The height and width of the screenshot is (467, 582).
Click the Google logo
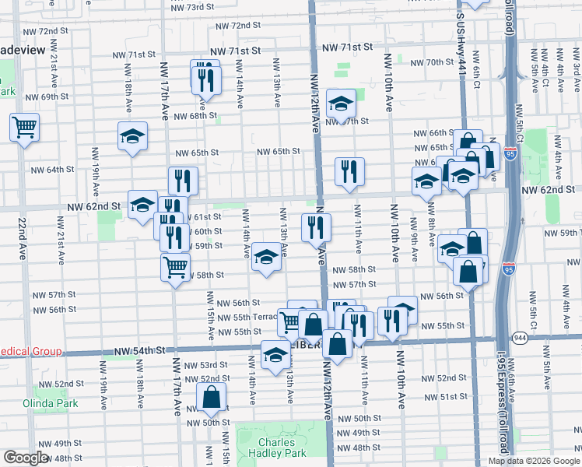[x=26, y=458]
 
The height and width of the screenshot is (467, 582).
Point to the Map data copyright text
[x=533, y=461]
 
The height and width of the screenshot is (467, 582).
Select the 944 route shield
[x=520, y=336]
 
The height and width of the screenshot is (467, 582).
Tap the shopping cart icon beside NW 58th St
[x=175, y=267]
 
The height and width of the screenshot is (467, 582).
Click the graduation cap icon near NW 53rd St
[x=275, y=355]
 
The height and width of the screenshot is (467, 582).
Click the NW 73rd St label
[x=191, y=7]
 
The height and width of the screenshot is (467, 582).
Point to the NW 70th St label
[x=431, y=62]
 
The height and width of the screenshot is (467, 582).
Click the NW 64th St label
[x=53, y=169]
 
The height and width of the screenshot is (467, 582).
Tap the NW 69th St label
[x=47, y=97]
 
